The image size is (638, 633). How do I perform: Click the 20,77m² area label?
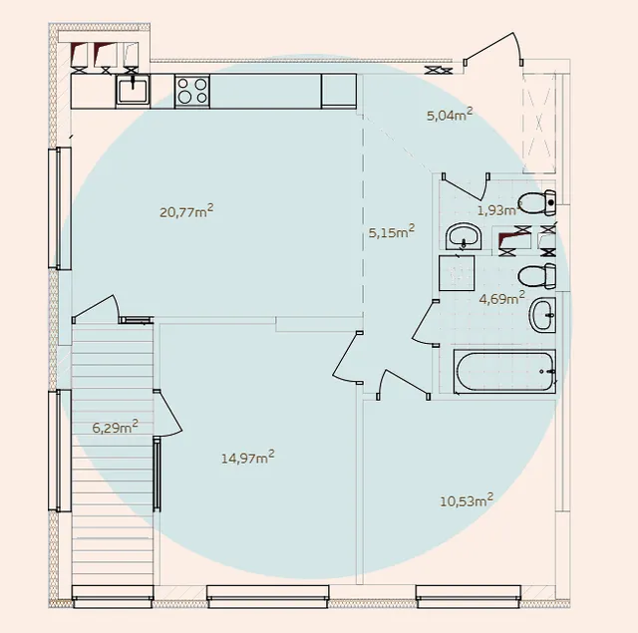click(186, 211)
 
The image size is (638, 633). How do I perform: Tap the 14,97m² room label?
click(248, 458)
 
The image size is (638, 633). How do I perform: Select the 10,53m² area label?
click(467, 500)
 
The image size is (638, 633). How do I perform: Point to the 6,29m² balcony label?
click(116, 428)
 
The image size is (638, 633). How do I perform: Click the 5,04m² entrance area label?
click(450, 115)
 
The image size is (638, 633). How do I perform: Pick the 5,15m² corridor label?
click(392, 232)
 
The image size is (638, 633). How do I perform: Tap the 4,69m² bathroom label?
click(501, 298)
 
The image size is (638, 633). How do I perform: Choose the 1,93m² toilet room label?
click(497, 210)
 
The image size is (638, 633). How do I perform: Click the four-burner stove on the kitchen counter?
click(192, 91)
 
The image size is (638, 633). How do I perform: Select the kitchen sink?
click(133, 91)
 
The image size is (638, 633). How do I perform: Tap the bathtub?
click(504, 372)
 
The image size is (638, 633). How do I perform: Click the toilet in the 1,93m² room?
click(536, 202)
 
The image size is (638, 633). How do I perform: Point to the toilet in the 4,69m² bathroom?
click(536, 276)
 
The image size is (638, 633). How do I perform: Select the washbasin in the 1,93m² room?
click(464, 236)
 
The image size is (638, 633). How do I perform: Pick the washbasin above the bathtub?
click(542, 315)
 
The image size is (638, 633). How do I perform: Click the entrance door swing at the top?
click(492, 49)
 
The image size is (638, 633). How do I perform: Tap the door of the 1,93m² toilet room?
click(467, 186)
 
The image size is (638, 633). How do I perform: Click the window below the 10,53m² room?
click(469, 596)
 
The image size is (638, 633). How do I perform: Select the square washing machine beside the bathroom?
click(457, 273)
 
